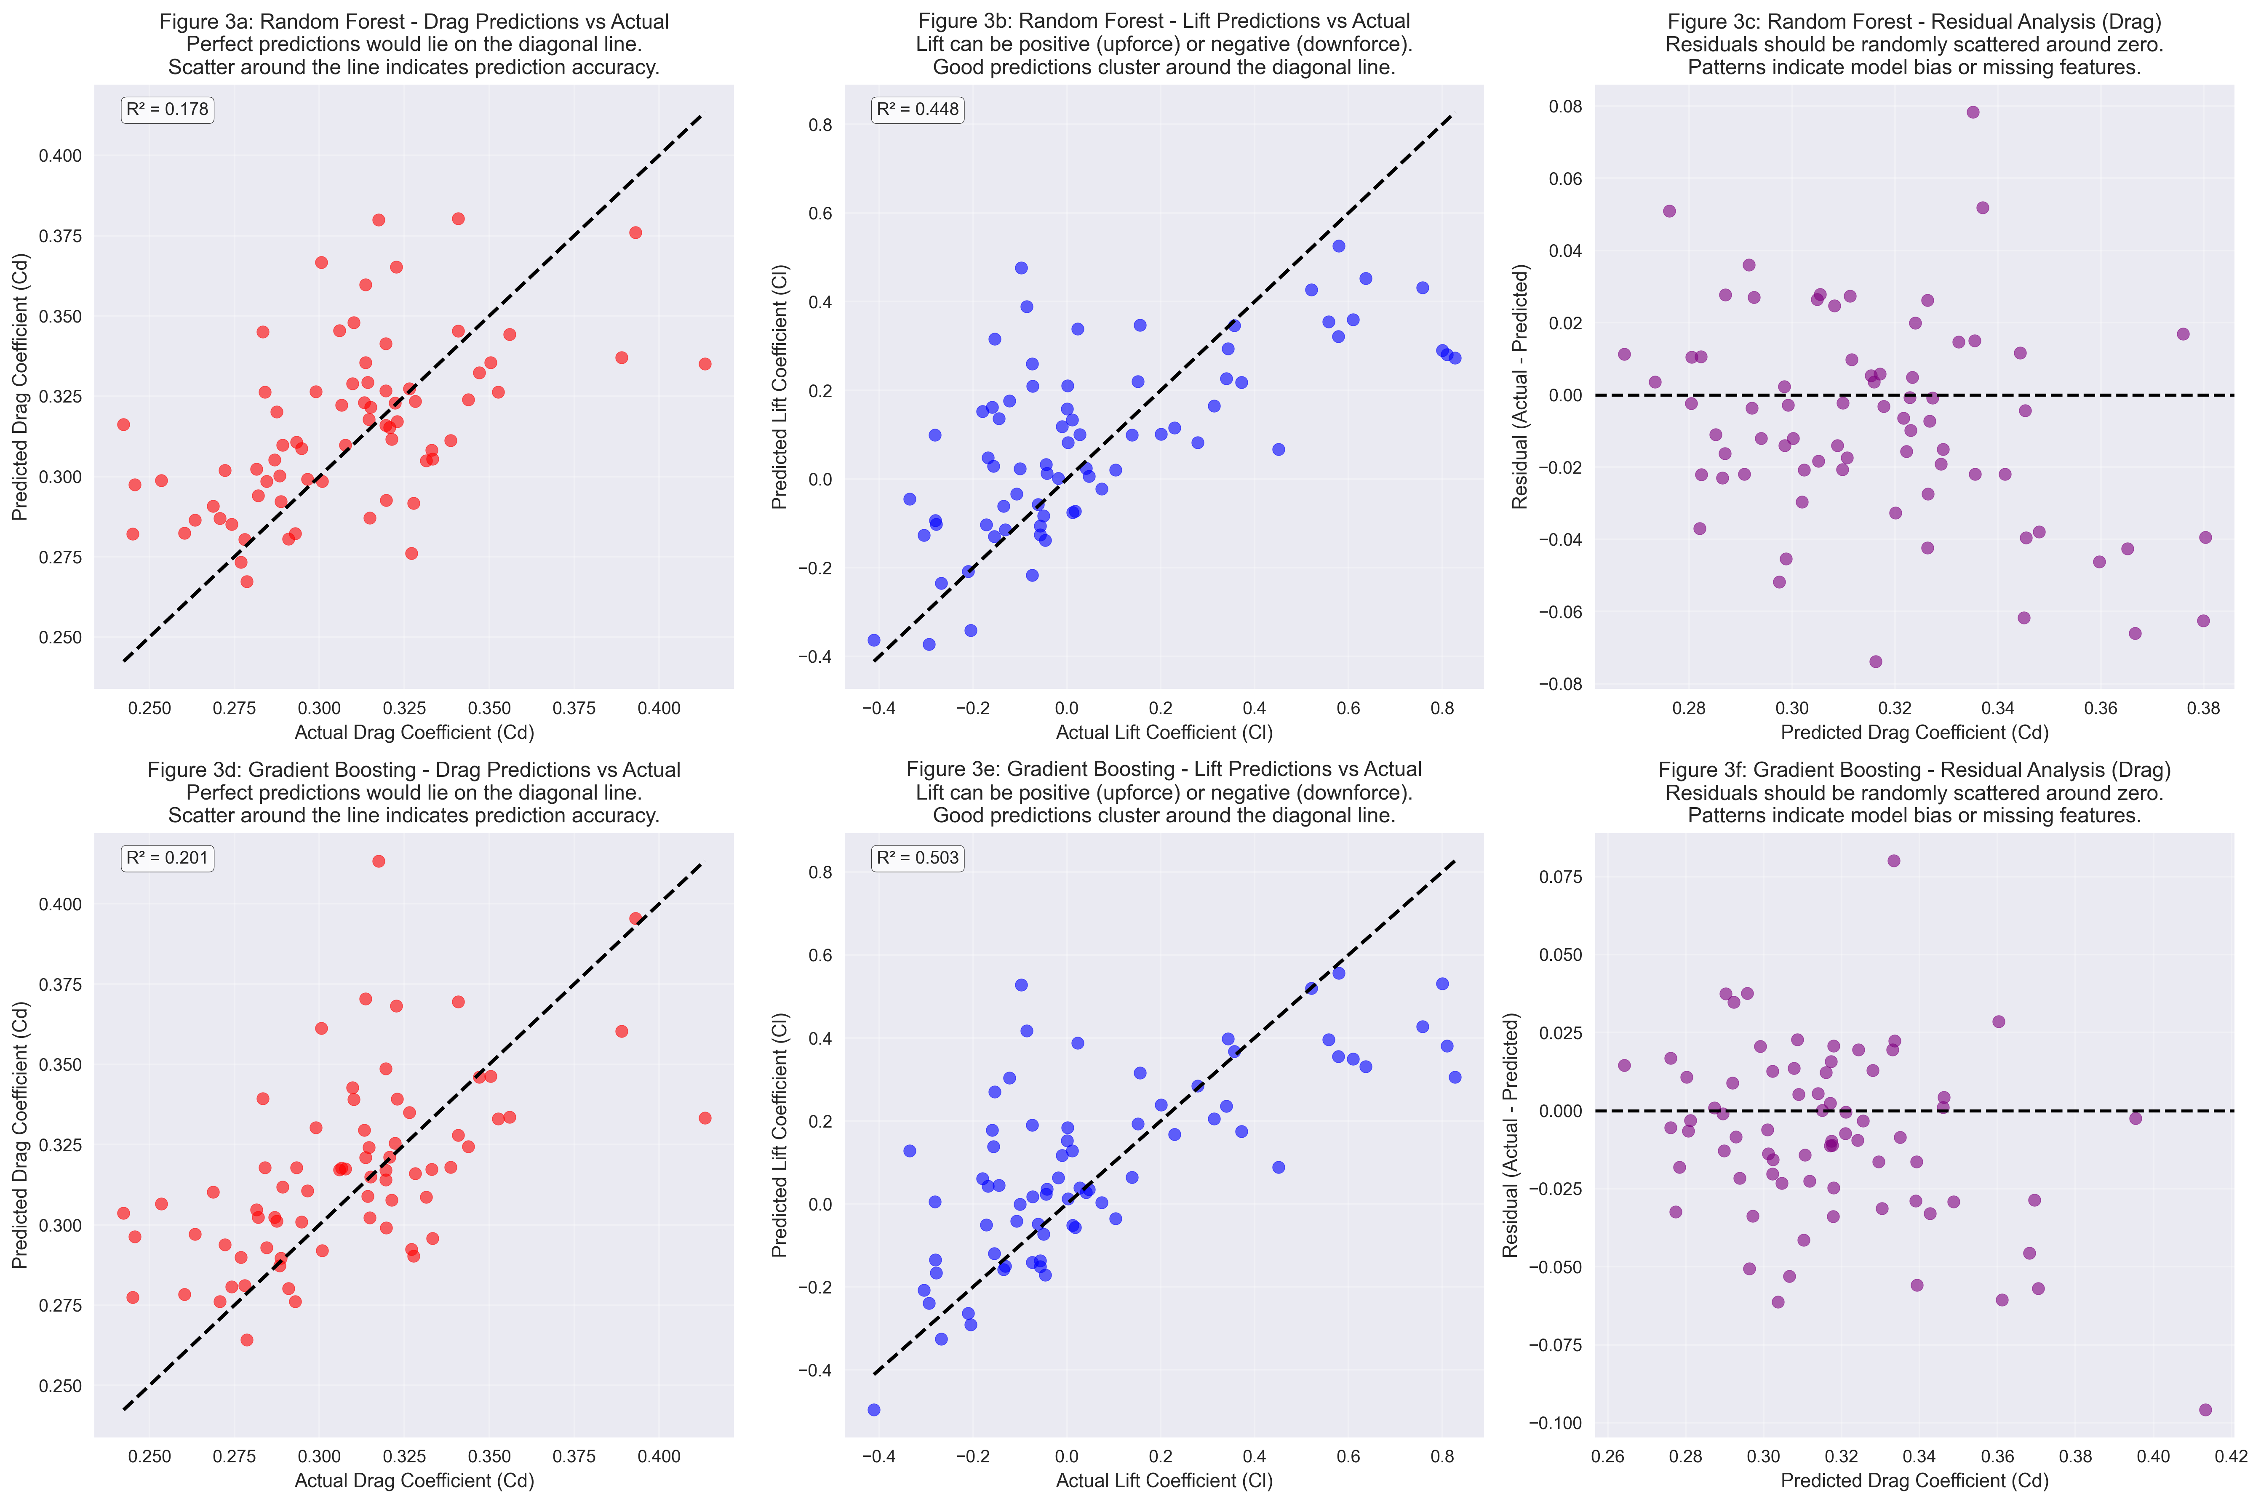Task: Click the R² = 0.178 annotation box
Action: [x=167, y=109]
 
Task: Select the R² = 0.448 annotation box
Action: [x=917, y=109]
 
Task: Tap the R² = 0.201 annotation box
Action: [x=167, y=858]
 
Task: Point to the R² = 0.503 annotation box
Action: [x=917, y=858]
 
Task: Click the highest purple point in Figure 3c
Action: [x=1972, y=112]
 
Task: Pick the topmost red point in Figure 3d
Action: [x=379, y=861]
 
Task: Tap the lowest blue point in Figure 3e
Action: [x=874, y=1410]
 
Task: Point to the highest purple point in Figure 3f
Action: [x=1894, y=861]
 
